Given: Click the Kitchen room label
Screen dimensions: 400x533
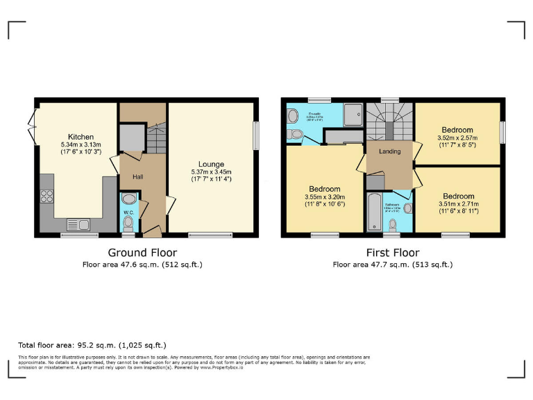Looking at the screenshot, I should [81, 137].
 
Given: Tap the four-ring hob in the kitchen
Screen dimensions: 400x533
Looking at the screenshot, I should [48, 197].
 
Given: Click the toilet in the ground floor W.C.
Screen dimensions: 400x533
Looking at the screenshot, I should [128, 222].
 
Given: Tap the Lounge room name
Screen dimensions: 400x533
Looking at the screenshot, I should [210, 164].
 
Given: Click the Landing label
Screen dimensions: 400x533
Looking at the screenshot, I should [389, 151].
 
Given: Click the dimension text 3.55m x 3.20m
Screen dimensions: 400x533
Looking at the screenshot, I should [324, 197].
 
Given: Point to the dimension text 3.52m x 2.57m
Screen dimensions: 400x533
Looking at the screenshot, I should [457, 137].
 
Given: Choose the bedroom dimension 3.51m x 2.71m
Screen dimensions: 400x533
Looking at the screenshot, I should [457, 203].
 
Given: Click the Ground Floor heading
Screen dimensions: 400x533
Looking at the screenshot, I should [142, 253].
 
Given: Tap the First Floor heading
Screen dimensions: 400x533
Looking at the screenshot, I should [392, 253].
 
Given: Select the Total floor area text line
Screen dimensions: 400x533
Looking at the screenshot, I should [92, 344].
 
